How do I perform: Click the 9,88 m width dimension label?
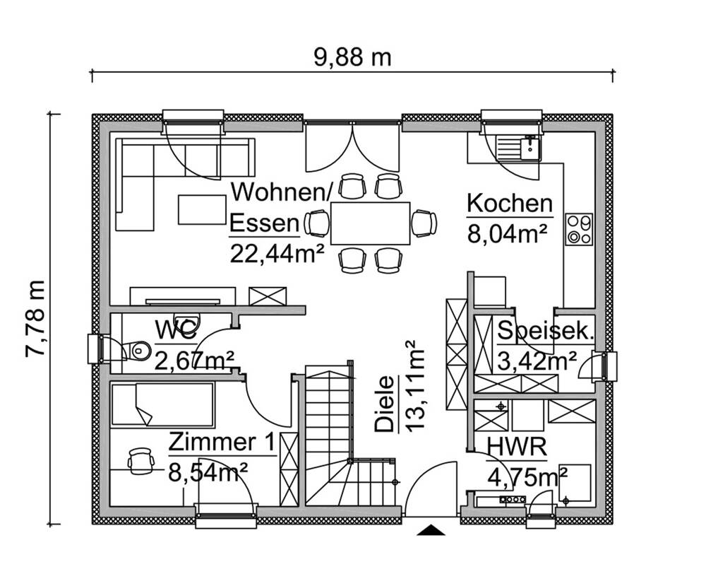click(352, 57)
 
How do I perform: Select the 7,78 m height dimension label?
click(35, 318)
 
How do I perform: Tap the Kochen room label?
click(509, 204)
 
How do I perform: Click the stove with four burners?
click(579, 228)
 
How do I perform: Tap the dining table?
click(371, 223)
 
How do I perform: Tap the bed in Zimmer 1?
click(162, 405)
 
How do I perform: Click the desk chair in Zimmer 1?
click(140, 459)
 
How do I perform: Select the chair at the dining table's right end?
click(424, 223)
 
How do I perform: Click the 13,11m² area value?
click(414, 385)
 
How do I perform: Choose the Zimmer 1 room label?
click(221, 443)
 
